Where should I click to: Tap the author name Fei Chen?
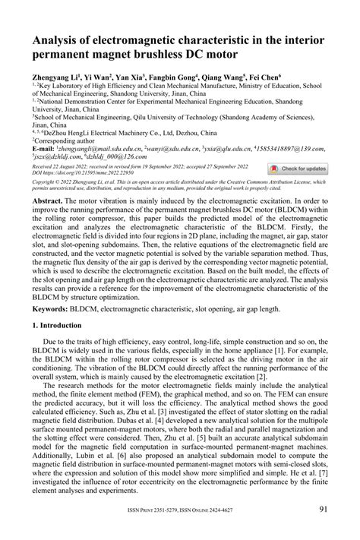pos(263,77)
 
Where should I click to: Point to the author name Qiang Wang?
pos(223,77)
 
